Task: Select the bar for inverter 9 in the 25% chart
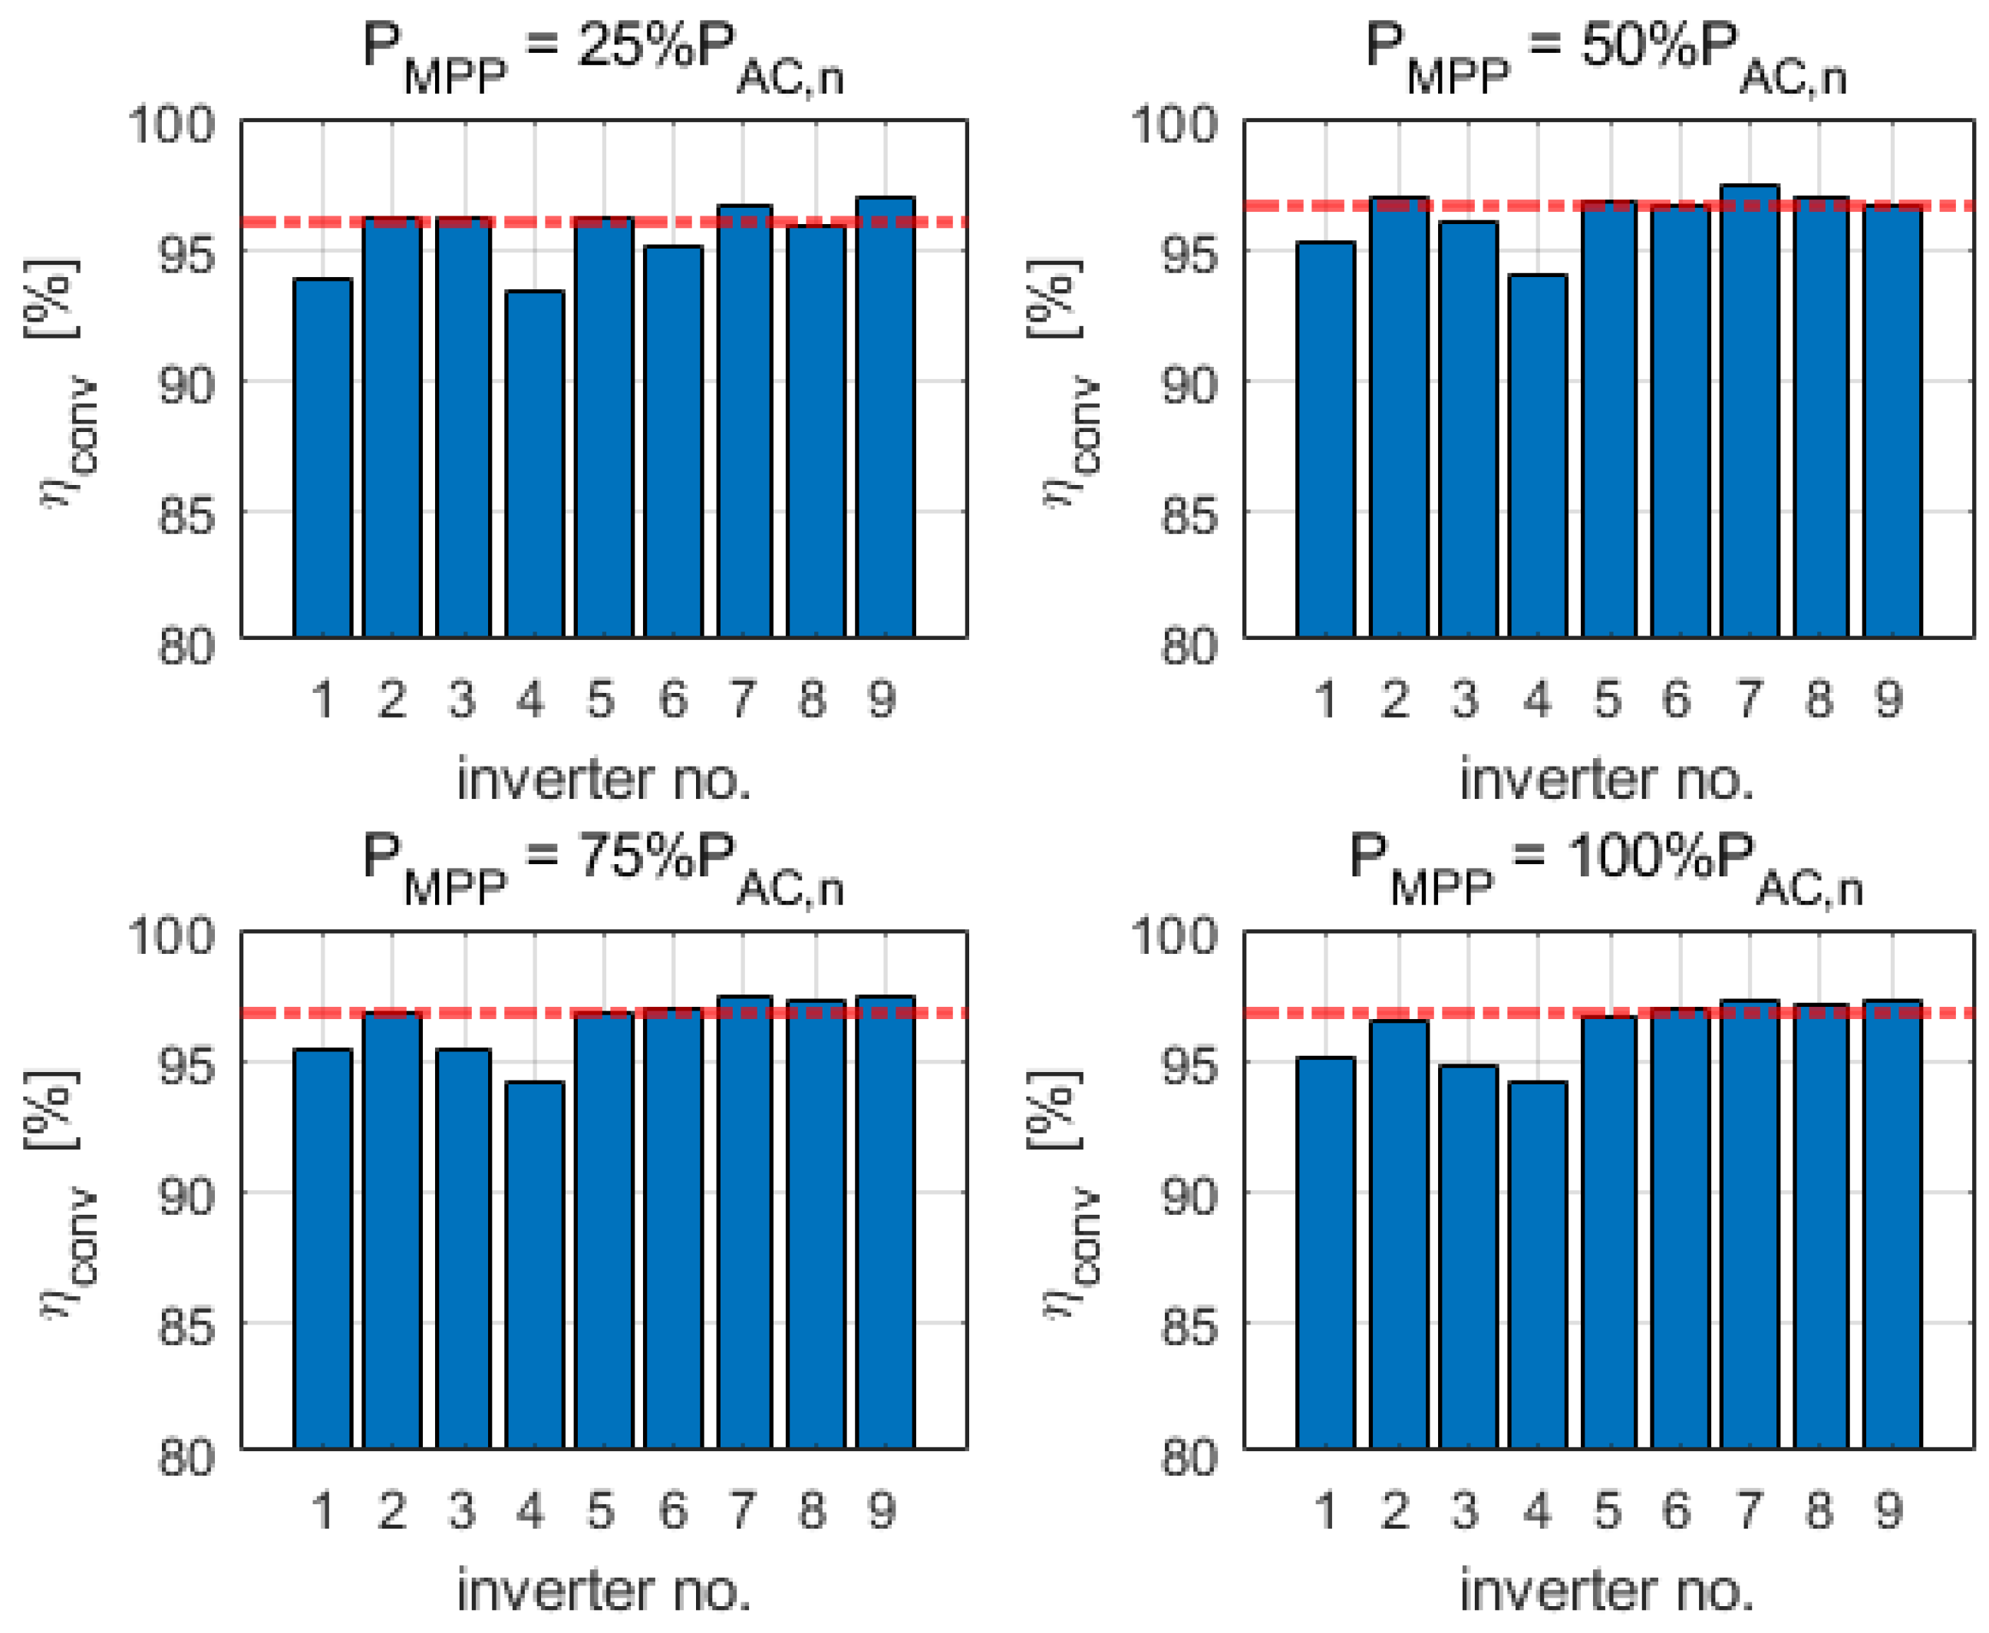click(x=885, y=417)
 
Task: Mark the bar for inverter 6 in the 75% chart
click(x=673, y=1228)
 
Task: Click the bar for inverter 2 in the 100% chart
click(x=1397, y=1234)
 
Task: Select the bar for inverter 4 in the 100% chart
click(x=1538, y=1265)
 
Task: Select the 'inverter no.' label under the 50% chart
click(x=1606, y=779)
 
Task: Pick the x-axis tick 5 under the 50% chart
click(x=1607, y=699)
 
